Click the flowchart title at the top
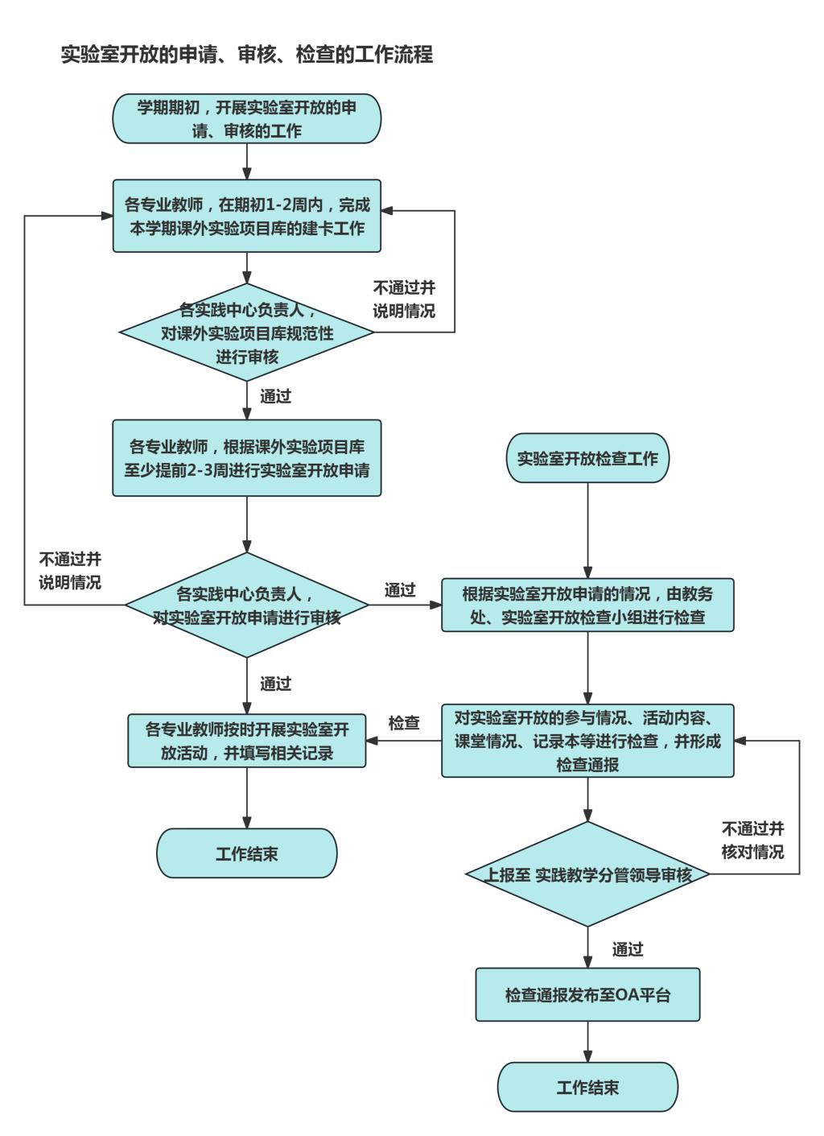pos(247,55)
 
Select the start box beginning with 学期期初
pos(246,119)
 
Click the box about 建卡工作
pos(246,216)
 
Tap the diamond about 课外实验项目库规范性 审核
pos(246,333)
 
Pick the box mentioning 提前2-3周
pos(246,457)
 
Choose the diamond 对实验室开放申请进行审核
pos(246,605)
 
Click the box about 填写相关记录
pos(246,741)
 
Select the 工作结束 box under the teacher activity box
pos(246,853)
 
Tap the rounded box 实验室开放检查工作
pos(587,459)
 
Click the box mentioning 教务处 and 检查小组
pos(587,605)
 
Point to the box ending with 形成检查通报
pos(587,741)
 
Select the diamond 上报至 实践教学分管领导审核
pos(587,874)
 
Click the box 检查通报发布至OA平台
pos(587,995)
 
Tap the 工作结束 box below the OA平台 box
pos(587,1088)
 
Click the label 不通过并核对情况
pos(752,840)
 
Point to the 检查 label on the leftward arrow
pos(404,723)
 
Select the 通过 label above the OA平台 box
pos(628,949)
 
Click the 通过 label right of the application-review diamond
pos(400,590)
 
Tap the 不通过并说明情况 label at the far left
pos(70,571)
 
